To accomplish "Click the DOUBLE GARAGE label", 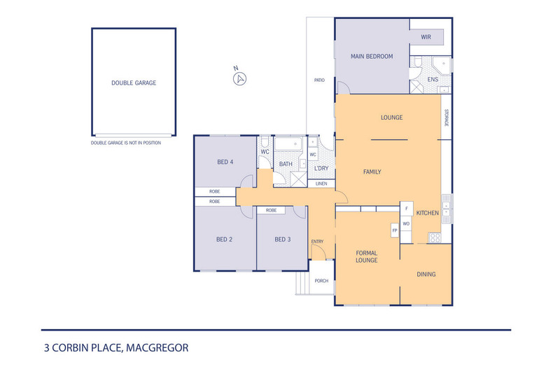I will [134, 83].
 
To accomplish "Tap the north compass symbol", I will [239, 77].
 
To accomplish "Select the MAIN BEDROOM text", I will [371, 57].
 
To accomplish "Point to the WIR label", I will [426, 37].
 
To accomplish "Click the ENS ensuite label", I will [433, 80].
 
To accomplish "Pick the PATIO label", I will [319, 80].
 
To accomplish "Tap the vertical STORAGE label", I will [446, 117].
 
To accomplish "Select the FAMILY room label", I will [372, 172].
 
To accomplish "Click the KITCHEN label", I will [428, 213].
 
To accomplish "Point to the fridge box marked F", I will [406, 208].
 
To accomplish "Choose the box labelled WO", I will [406, 224].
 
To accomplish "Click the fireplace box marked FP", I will [395, 230].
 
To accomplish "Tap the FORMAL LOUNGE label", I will [367, 256].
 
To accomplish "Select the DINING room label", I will [426, 274].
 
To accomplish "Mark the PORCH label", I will [321, 281].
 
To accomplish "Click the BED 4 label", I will [225, 162].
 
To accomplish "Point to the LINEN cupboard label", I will [321, 183].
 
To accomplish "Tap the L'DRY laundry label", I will [321, 168].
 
